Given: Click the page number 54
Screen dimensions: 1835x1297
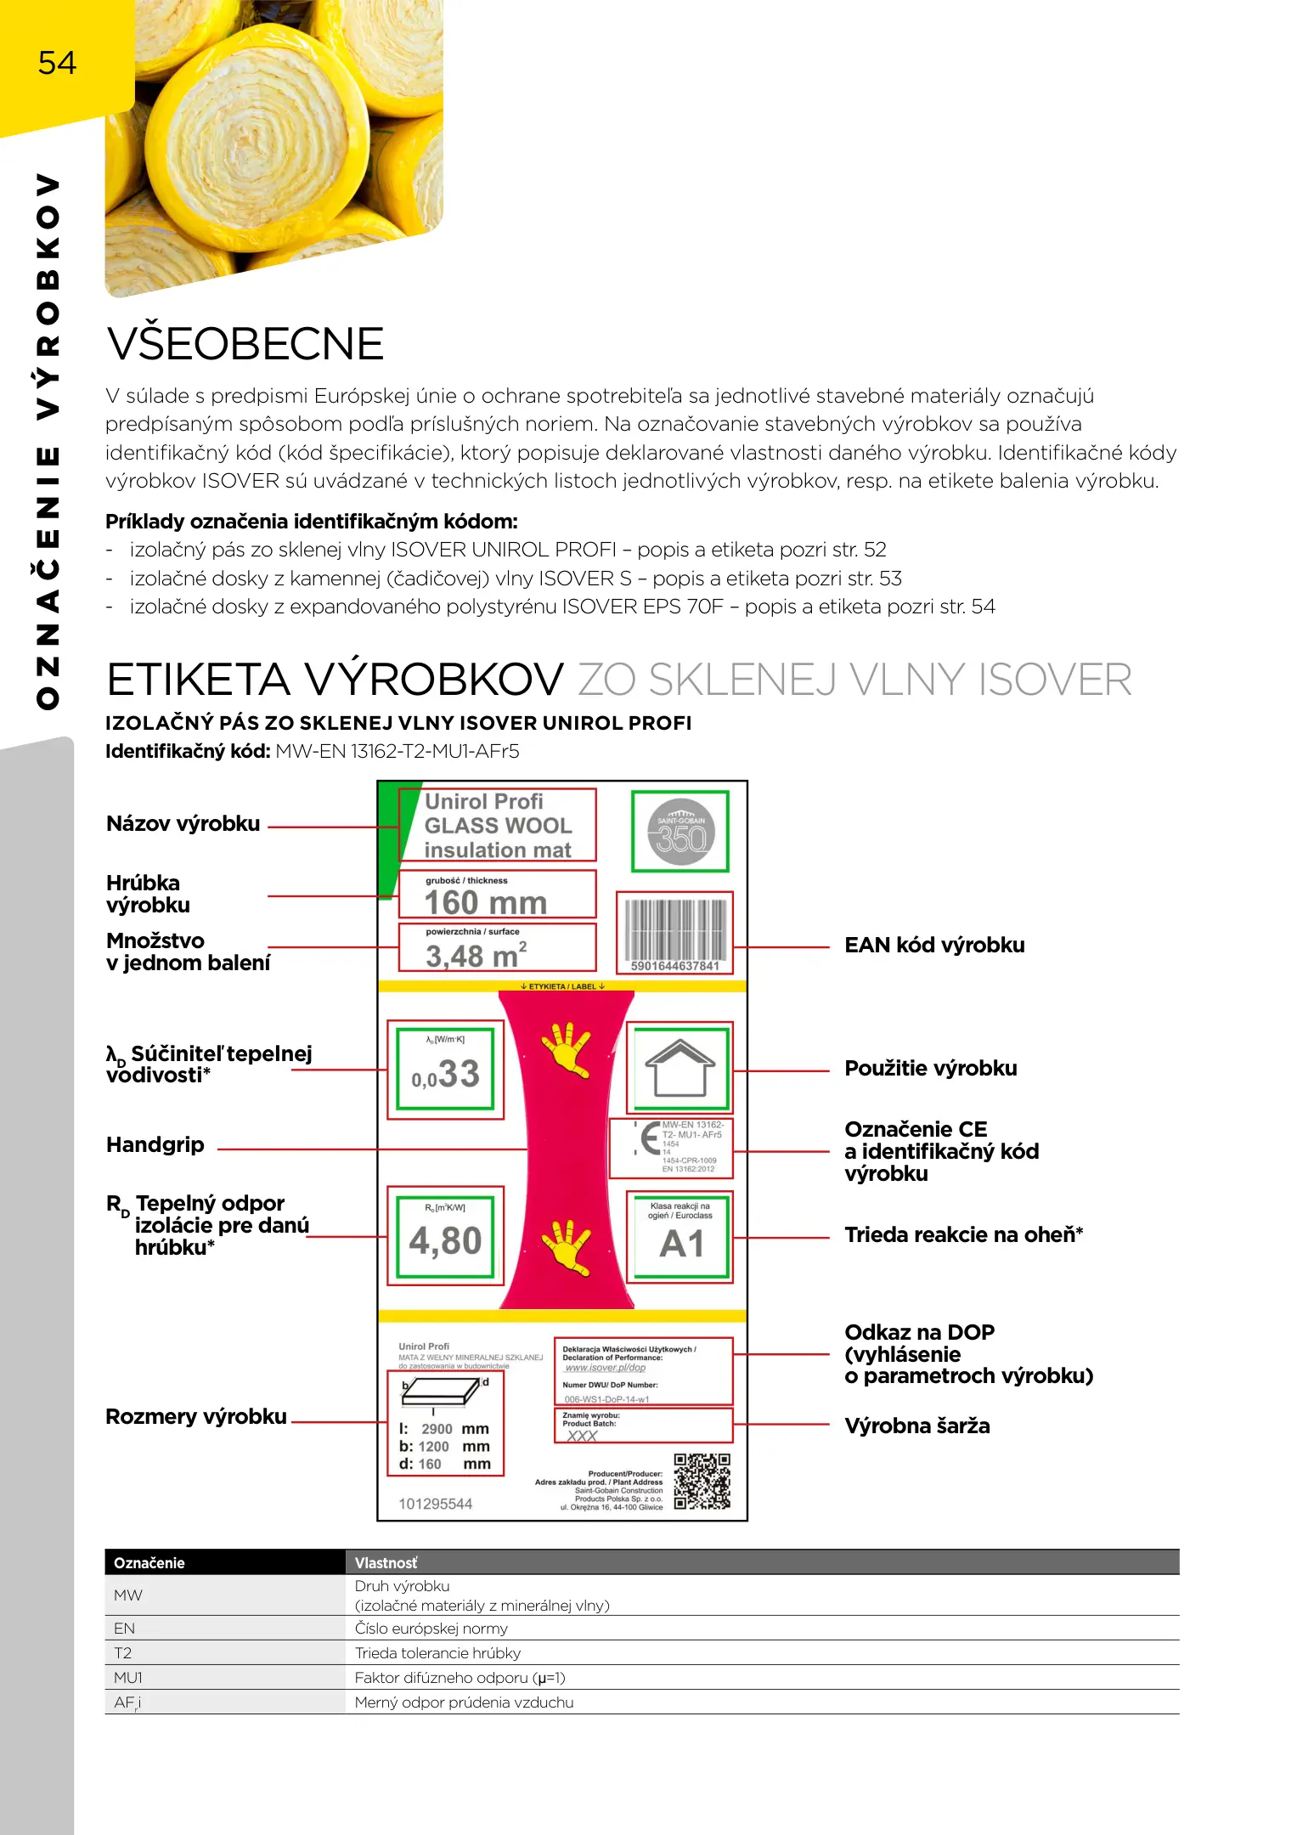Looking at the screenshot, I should click(x=57, y=63).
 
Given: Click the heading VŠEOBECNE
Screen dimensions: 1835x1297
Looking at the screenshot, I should click(x=245, y=343).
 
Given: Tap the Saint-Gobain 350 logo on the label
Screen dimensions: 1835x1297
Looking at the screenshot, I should click(x=680, y=832).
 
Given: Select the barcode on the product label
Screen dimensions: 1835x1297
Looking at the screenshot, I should click(x=675, y=931).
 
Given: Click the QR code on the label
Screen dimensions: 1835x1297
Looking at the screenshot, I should click(x=702, y=1481).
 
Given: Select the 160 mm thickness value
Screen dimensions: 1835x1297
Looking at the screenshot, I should click(x=486, y=901).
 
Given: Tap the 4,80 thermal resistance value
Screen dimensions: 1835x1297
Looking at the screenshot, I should click(x=445, y=1240).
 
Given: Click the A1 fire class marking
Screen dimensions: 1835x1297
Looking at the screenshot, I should click(x=681, y=1244).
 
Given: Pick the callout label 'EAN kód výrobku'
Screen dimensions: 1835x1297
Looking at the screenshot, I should click(x=934, y=946).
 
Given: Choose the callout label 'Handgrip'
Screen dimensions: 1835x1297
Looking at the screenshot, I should click(x=155, y=1145).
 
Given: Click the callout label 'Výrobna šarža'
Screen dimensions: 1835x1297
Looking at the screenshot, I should click(x=917, y=1426).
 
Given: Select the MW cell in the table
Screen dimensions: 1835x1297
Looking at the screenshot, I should click(x=128, y=1595).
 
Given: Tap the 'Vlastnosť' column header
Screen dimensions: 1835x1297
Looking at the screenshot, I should click(x=386, y=1563).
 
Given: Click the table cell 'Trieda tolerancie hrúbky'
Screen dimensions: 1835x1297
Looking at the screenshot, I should click(x=437, y=1653).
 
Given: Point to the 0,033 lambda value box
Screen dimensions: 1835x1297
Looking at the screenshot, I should click(x=445, y=1072).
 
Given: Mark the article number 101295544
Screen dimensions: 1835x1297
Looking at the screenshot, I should click(x=435, y=1504).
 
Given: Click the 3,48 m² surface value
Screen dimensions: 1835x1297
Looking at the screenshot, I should click(x=476, y=956).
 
